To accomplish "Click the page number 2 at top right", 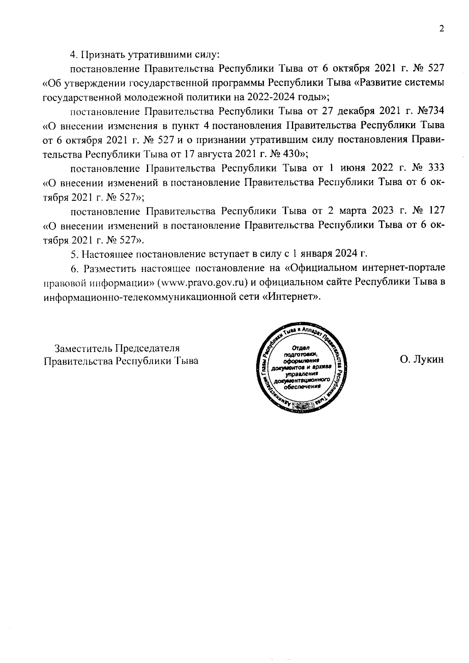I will point(442,29).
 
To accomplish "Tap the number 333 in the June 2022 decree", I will point(436,168).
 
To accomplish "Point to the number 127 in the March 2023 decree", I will point(436,211).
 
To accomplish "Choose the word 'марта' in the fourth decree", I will point(350,211).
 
